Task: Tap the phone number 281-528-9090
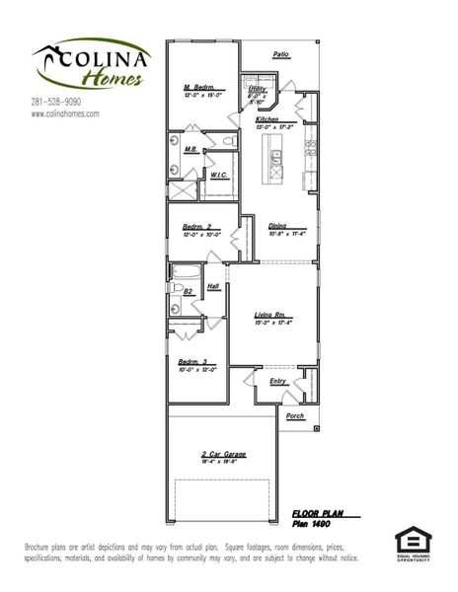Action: (x=56, y=102)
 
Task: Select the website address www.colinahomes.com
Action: (x=65, y=113)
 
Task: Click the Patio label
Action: (x=281, y=55)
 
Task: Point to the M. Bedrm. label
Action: (x=199, y=88)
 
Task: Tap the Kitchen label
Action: (x=267, y=118)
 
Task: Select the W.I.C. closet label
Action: (x=219, y=175)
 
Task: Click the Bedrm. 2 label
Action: (x=197, y=227)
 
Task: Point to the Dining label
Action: (x=276, y=225)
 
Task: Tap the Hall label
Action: (x=213, y=288)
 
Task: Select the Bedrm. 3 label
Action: (x=193, y=362)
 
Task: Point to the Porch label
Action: (x=295, y=416)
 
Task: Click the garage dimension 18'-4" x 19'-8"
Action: (x=222, y=462)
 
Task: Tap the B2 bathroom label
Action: (x=188, y=291)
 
